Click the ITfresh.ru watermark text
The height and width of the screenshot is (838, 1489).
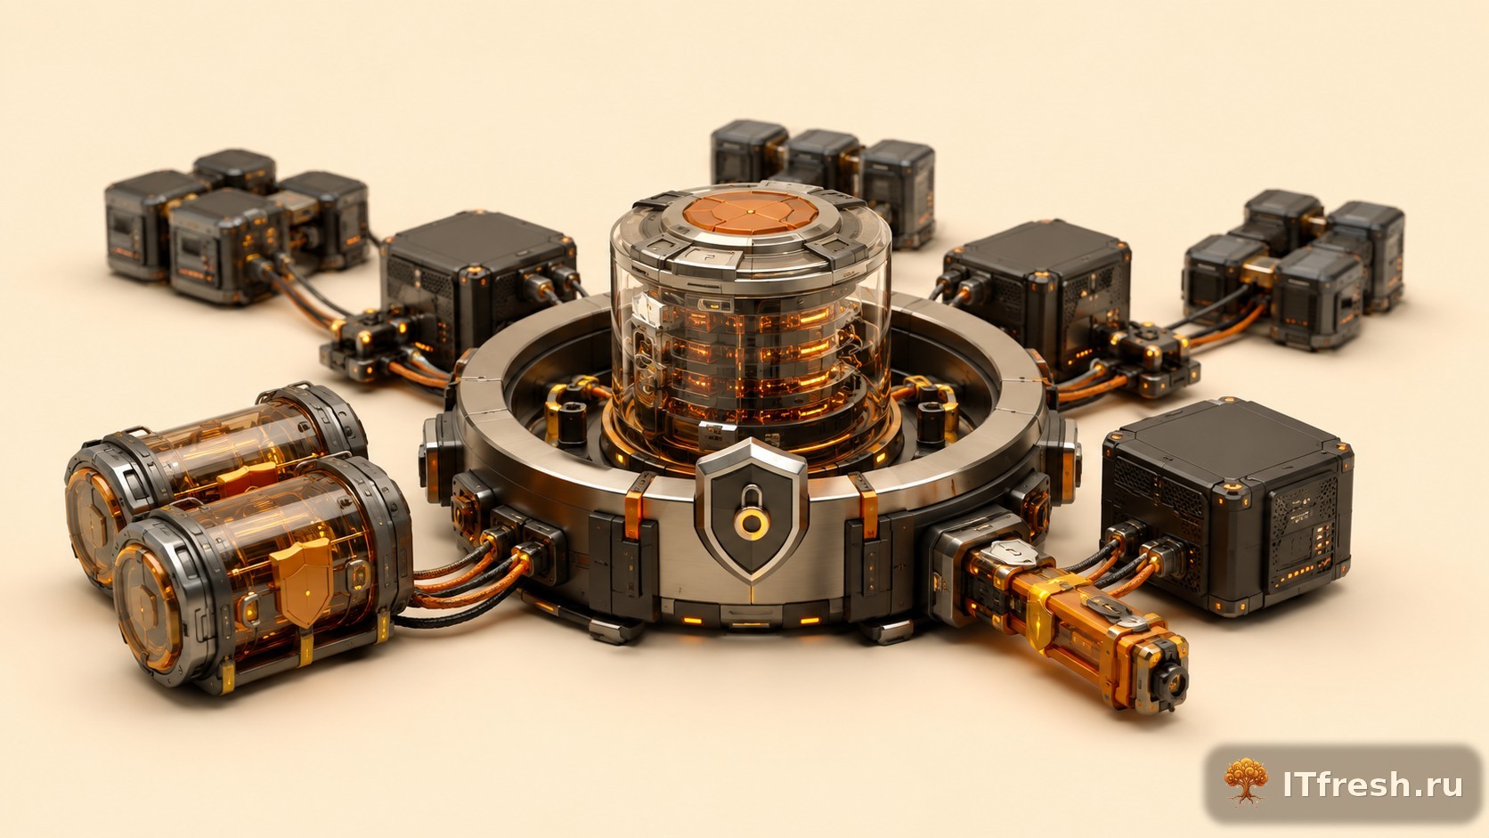tap(1372, 785)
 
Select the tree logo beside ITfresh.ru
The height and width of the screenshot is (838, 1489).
tap(1246, 781)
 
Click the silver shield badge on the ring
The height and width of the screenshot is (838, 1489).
tap(752, 508)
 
